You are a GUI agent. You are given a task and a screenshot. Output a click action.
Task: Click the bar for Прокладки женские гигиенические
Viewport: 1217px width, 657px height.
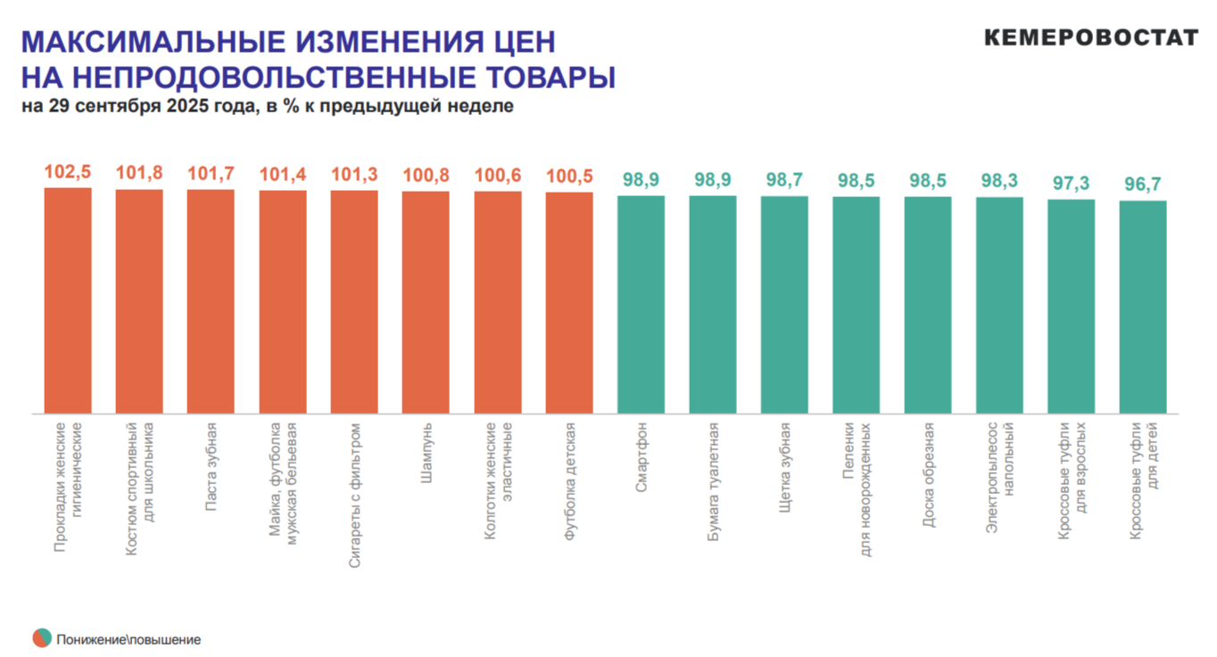click(68, 300)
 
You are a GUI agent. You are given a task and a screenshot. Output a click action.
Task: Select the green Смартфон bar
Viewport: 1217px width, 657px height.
click(641, 304)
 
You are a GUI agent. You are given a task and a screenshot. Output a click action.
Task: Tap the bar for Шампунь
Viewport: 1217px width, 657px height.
click(426, 302)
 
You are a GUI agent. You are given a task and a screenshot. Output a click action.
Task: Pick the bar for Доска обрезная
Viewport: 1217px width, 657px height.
click(927, 305)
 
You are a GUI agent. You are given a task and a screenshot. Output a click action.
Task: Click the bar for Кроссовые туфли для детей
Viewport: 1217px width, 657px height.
click(1143, 307)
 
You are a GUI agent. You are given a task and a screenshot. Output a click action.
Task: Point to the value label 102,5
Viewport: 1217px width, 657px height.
click(68, 172)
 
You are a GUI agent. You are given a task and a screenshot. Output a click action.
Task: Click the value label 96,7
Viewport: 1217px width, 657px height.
click(1143, 185)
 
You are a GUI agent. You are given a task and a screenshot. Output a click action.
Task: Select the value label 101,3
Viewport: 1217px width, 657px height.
click(354, 174)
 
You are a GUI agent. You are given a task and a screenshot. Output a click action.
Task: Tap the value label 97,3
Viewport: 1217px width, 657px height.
click(1071, 183)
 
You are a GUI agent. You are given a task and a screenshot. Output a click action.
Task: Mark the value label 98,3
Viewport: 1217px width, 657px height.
click(999, 180)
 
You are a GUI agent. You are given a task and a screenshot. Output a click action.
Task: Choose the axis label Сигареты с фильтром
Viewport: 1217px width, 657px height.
click(354, 495)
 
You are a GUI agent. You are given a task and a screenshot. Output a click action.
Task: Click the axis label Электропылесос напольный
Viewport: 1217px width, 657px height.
click(1000, 477)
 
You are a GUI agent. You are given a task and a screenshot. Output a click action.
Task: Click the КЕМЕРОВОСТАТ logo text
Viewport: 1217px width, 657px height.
click(1091, 37)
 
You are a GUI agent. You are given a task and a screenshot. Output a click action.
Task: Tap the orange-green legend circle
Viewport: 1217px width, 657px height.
click(42, 638)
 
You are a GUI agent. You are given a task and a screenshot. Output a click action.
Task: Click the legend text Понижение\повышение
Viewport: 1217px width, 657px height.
click(128, 639)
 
